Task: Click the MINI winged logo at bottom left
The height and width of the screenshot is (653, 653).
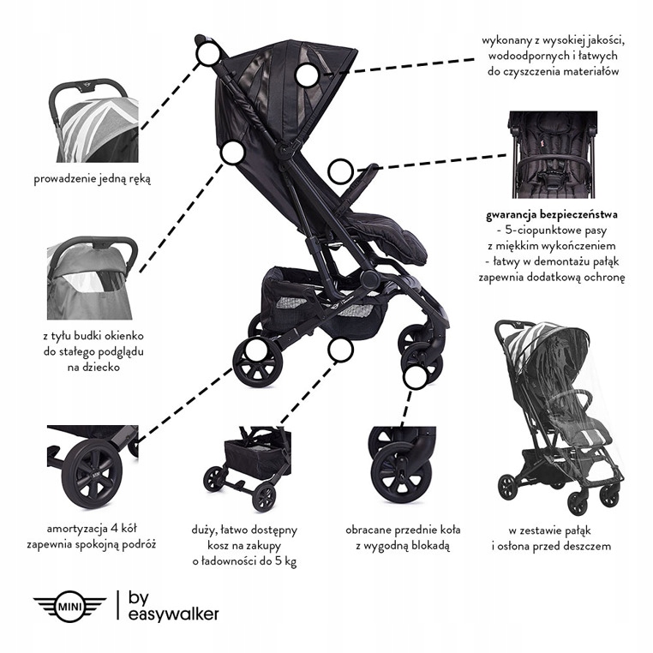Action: point(69,606)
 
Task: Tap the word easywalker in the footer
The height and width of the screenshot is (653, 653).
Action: point(173,614)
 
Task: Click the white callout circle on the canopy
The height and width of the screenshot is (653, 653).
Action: point(308,75)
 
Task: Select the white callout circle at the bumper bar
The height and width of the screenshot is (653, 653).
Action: point(341,171)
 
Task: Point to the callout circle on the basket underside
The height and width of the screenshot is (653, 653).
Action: point(340,350)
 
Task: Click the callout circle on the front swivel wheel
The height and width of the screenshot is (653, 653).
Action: point(416,377)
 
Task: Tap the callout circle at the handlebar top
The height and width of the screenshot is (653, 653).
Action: point(208,54)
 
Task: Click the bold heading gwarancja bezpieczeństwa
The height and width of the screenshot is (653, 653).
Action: point(552,215)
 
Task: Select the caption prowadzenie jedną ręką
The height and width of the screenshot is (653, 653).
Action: point(92,179)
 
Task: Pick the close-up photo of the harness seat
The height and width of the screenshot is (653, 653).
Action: point(552,154)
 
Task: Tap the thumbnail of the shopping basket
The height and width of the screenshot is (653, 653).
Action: point(247,469)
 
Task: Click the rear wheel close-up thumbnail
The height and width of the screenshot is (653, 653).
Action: point(93,466)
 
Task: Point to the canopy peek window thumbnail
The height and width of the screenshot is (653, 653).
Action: point(92,278)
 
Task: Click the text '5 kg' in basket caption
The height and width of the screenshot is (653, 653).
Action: point(285,561)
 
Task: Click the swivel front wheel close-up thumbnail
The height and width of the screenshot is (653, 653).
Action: point(402,465)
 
